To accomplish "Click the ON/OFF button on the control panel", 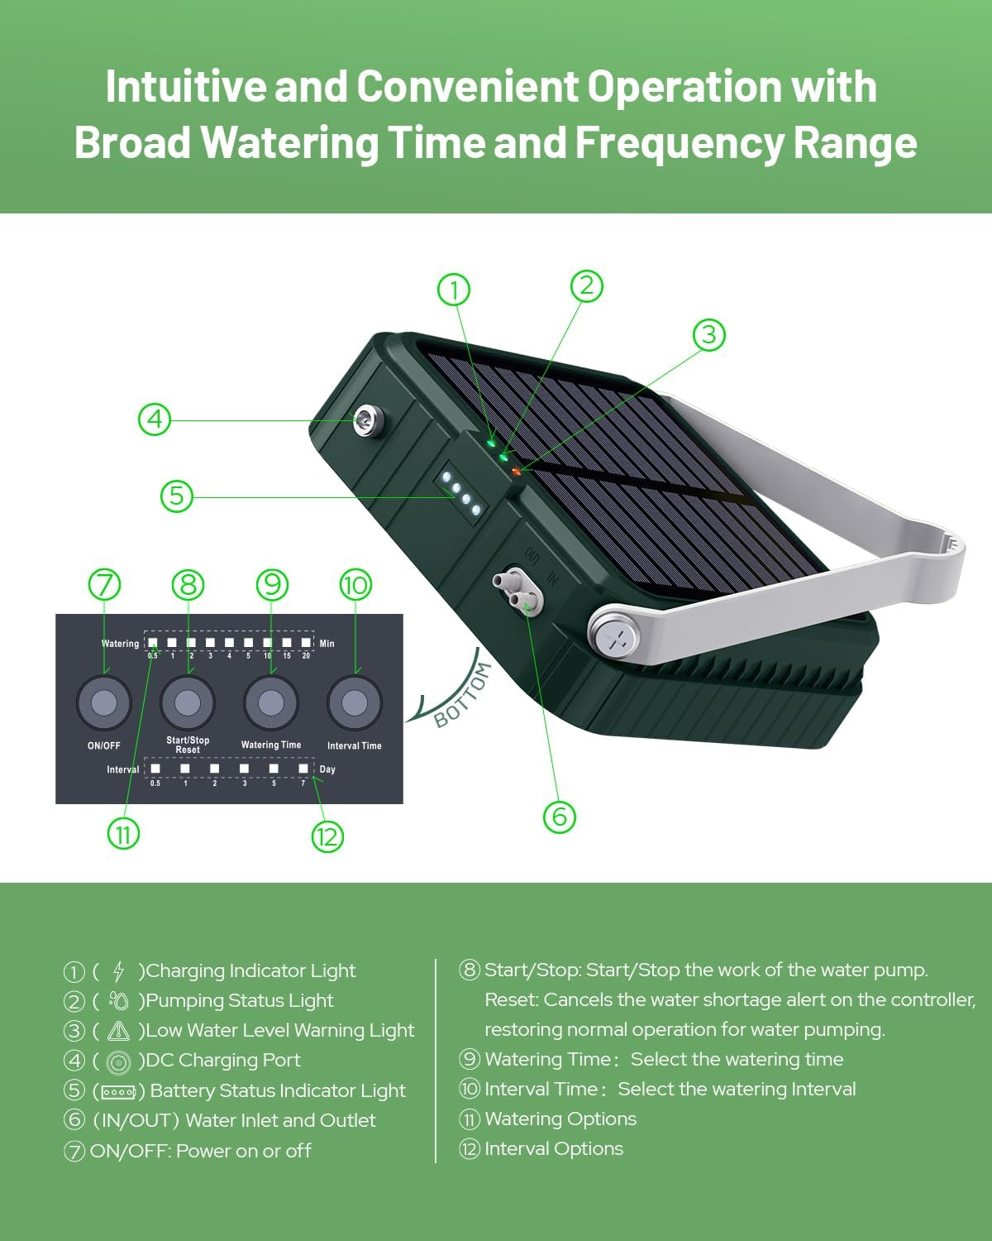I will [104, 703].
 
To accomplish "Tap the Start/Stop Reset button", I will [188, 703].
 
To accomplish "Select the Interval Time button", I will [355, 703].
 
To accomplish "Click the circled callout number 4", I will [155, 419].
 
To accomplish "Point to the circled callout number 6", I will [559, 817].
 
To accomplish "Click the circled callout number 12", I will [327, 836].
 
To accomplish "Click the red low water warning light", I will [517, 472].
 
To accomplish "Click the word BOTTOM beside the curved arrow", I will [462, 696].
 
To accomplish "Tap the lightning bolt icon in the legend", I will [118, 971].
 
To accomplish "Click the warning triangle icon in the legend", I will [119, 1031].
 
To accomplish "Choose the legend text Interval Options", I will [554, 1148].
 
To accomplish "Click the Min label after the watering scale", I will [327, 644].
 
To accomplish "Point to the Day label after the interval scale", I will [327, 769].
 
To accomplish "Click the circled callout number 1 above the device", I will [453, 290].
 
